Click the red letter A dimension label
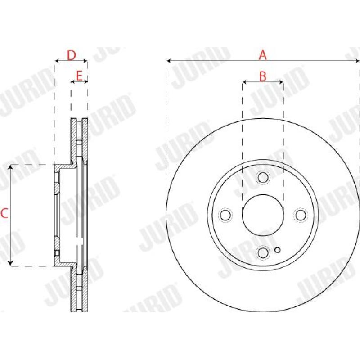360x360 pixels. pos(263,55)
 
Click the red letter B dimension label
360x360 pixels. pos(263,76)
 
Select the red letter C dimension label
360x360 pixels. pos(4,214)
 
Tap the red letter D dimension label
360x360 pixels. pos(71,55)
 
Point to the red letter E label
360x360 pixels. pos(79,76)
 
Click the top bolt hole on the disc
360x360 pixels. pos(263,178)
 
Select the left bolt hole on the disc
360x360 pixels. pos(225,215)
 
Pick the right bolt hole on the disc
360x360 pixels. pos(301,215)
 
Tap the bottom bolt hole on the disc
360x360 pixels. pos(263,253)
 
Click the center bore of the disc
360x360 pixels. pos(263,215)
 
